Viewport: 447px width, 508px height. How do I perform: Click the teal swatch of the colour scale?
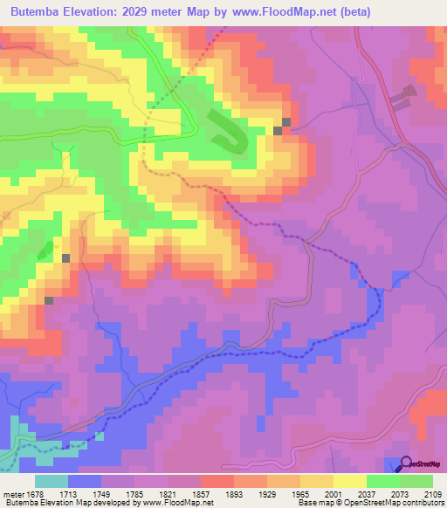coord(52,482)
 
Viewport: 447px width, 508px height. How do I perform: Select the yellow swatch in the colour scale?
coord(349,482)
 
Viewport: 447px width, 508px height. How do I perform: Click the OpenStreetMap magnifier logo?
coord(407,463)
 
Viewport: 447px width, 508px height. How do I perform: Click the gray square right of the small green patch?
coord(66,258)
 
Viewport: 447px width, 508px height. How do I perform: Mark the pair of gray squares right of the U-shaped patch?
coord(282,127)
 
